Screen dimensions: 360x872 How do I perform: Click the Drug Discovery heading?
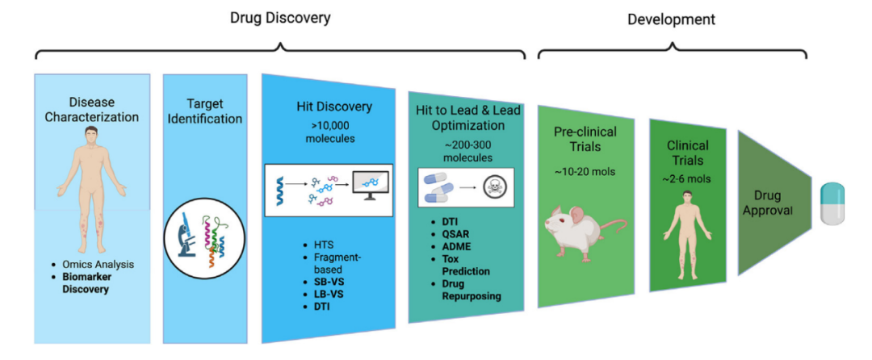pyautogui.click(x=279, y=17)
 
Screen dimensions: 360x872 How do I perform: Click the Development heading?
pyautogui.click(x=671, y=19)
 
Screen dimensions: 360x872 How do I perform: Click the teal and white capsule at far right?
pyautogui.click(x=836, y=203)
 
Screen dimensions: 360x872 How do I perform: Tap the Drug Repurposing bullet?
pyautogui.click(x=468, y=290)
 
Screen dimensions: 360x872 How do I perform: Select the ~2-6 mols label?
pyautogui.click(x=688, y=178)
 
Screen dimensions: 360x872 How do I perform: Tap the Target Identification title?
pyautogui.click(x=205, y=111)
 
